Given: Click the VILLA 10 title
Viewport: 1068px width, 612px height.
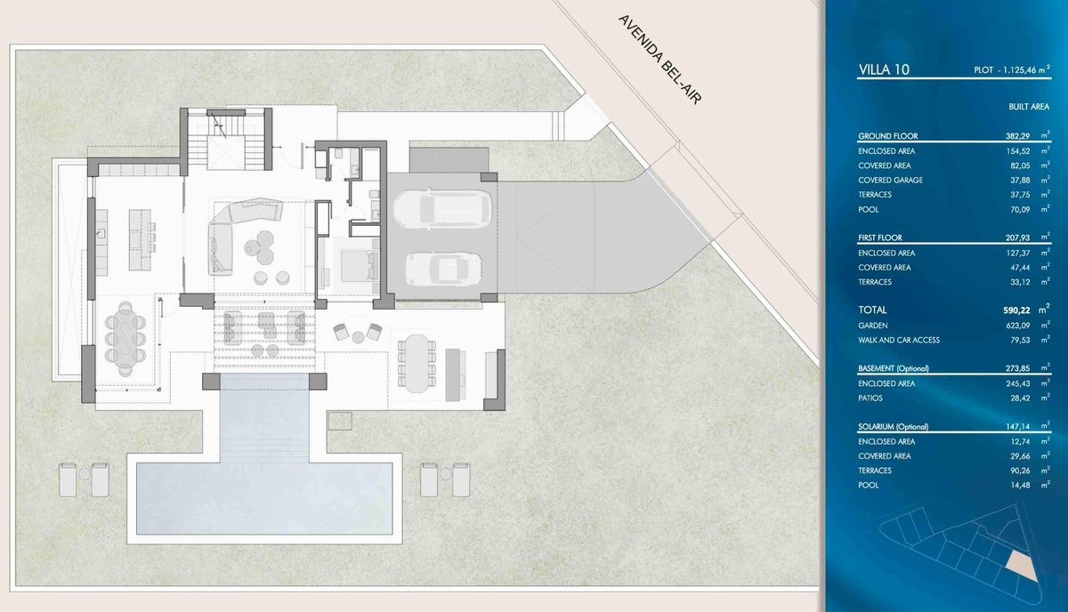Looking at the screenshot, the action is (x=884, y=69).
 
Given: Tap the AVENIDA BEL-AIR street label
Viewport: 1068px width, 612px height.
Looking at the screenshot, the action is (x=659, y=60).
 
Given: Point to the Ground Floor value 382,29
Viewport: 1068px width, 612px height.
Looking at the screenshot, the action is (x=1017, y=136).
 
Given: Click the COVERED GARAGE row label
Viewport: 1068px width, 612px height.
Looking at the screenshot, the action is (x=890, y=181).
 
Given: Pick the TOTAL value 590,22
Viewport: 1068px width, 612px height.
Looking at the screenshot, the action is (x=1016, y=310).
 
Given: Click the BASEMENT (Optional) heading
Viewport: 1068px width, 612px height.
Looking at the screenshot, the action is (x=893, y=368).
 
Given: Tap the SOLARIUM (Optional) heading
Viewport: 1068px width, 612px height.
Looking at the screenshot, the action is (x=893, y=427).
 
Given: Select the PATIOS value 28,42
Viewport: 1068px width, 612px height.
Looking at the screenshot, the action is (x=1020, y=398).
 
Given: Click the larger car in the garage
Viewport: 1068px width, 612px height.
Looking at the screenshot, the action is (x=442, y=210).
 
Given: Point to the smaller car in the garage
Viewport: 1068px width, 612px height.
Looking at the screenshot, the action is (x=443, y=269).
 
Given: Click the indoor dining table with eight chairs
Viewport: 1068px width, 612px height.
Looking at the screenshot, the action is (x=125, y=339).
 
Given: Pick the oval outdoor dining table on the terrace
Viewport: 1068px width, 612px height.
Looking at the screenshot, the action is (x=417, y=363).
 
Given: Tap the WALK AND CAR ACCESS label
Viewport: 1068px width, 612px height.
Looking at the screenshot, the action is (x=899, y=341).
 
